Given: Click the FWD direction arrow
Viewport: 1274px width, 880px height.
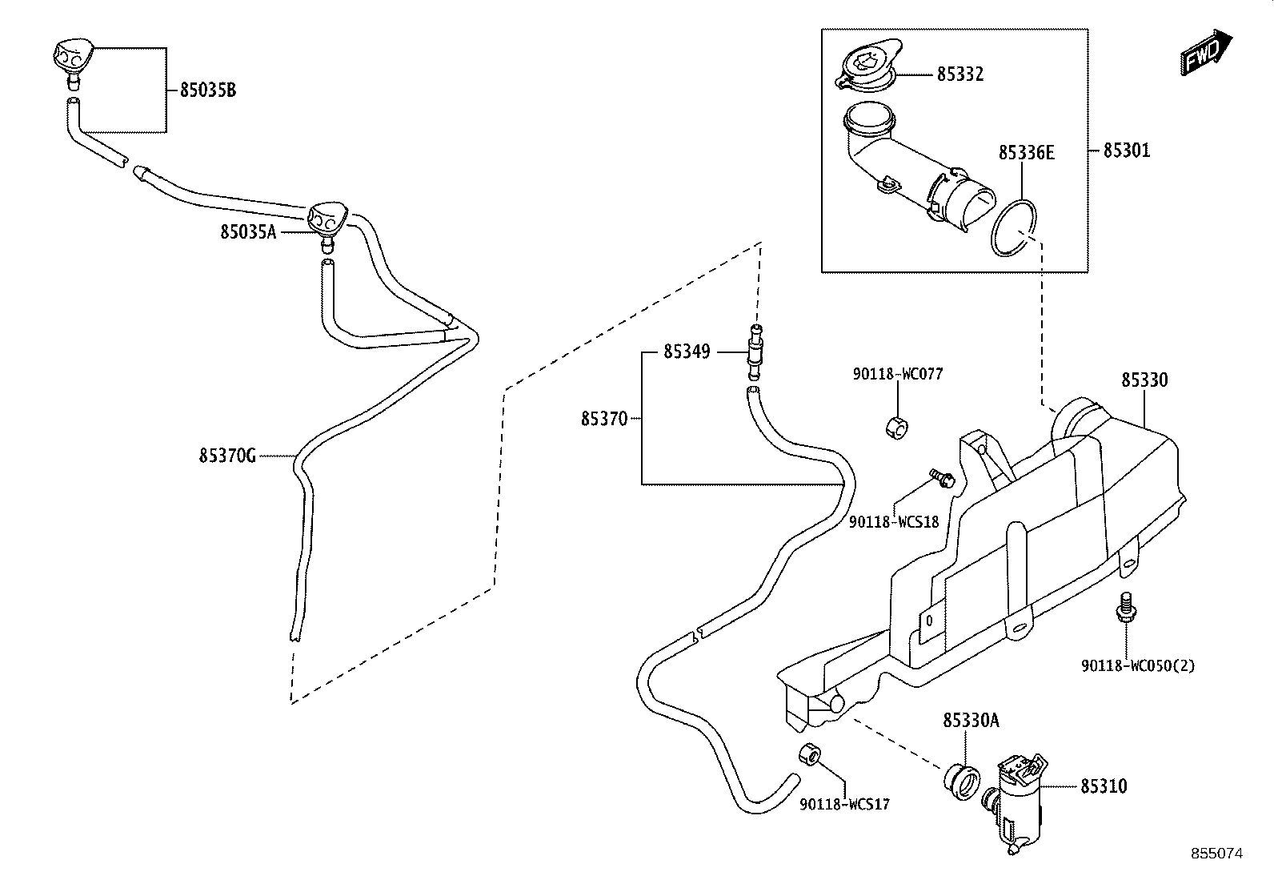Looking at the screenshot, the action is (1206, 52).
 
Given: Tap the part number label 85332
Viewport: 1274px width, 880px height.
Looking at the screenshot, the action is (960, 74).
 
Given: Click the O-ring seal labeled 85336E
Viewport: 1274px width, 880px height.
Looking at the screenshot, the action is (1014, 227).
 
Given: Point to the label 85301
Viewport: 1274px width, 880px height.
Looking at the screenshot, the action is (1127, 151).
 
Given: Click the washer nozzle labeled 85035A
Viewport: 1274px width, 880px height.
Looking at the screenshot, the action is (327, 222).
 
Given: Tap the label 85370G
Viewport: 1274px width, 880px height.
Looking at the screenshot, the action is (227, 456).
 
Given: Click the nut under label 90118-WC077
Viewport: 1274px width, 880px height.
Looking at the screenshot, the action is (897, 426).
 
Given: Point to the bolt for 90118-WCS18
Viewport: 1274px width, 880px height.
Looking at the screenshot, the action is (942, 477).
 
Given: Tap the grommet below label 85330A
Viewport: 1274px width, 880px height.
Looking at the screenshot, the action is (961, 782).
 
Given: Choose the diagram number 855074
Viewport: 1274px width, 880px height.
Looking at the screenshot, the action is (1217, 854).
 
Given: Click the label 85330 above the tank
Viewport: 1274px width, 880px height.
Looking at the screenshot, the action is (1144, 380).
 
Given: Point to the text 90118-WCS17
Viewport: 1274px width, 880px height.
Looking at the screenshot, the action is (844, 804).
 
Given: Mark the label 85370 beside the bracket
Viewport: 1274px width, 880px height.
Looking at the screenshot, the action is (604, 419).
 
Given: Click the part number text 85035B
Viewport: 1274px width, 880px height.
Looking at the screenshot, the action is (208, 90).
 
